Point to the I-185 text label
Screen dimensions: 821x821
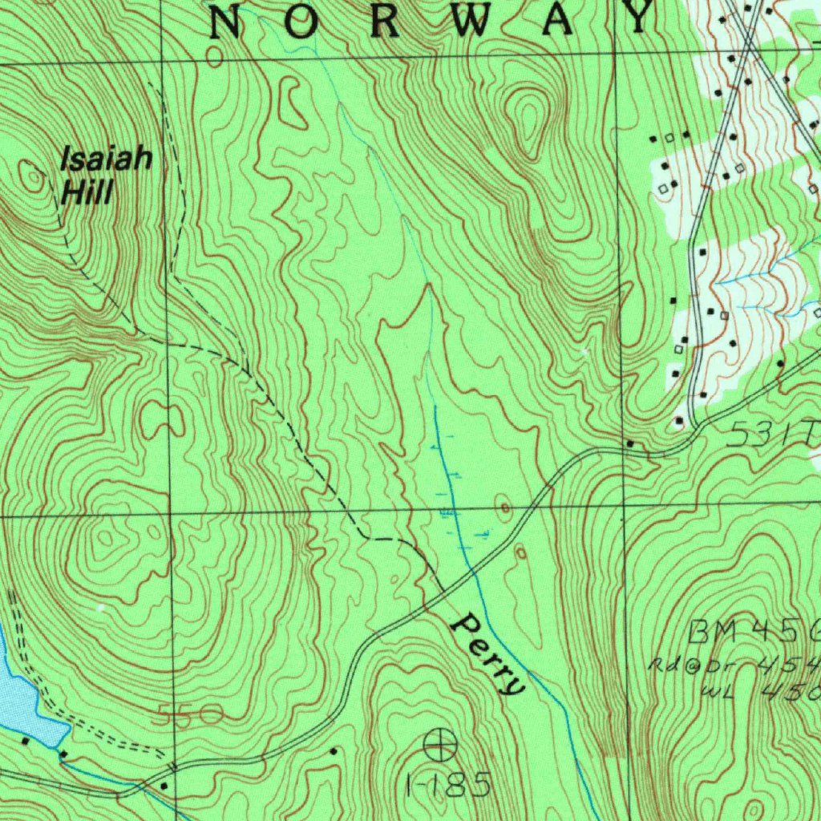[447, 785]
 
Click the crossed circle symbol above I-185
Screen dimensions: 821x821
[439, 745]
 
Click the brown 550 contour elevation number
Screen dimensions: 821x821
[189, 714]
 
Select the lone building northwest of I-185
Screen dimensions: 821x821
[334, 751]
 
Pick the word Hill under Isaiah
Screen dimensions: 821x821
[87, 192]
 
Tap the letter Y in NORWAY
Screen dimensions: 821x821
[638, 18]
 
